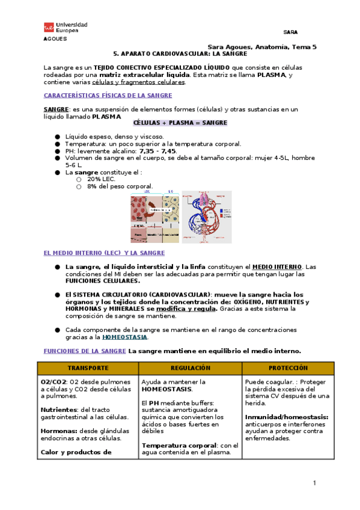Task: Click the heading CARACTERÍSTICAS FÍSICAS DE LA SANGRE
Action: [x=108, y=96]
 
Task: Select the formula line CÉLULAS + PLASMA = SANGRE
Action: [x=180, y=123]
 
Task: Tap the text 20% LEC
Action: [x=101, y=179]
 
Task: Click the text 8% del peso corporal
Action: [x=120, y=186]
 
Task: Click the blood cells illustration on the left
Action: [x=153, y=217]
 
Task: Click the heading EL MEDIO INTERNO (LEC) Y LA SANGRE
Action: [x=104, y=253]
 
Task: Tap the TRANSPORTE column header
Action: [x=88, y=367]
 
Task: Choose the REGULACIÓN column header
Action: [x=190, y=367]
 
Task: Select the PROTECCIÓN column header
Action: [x=288, y=367]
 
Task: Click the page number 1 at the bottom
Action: [x=314, y=484]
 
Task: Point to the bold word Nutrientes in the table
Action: [x=59, y=410]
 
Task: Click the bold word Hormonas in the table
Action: [x=58, y=431]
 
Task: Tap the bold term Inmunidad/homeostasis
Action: [x=286, y=417]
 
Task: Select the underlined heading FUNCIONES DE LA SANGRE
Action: [x=85, y=351]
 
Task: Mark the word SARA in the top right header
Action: [x=290, y=32]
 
